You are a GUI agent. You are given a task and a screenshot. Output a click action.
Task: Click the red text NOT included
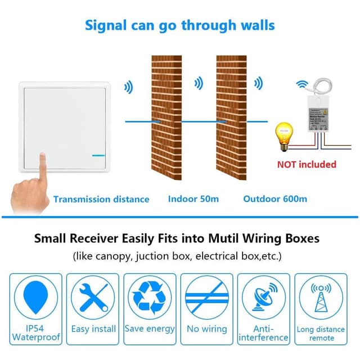coord(306,164)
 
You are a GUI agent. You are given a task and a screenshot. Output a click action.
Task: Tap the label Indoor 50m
coord(193,199)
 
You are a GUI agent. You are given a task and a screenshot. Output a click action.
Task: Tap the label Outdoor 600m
coord(275,199)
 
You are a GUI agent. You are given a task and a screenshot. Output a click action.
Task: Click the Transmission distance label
coord(101,199)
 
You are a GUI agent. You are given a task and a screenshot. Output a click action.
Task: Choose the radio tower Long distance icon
coord(321,296)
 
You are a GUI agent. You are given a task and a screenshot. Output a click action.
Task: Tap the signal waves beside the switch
coord(129,87)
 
